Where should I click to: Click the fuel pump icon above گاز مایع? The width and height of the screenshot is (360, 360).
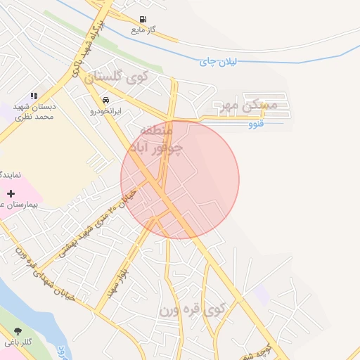click(x=143, y=20)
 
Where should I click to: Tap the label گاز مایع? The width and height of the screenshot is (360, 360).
click(x=143, y=31)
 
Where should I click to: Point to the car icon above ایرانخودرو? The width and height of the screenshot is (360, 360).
click(x=105, y=101)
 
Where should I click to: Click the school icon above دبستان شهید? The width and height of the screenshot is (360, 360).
click(x=33, y=96)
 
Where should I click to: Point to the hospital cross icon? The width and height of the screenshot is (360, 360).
click(x=11, y=193)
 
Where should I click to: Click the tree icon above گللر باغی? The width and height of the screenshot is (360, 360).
click(x=17, y=331)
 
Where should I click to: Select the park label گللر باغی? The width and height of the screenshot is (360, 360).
click(x=17, y=342)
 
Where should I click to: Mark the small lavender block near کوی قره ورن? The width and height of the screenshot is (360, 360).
click(x=262, y=295)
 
